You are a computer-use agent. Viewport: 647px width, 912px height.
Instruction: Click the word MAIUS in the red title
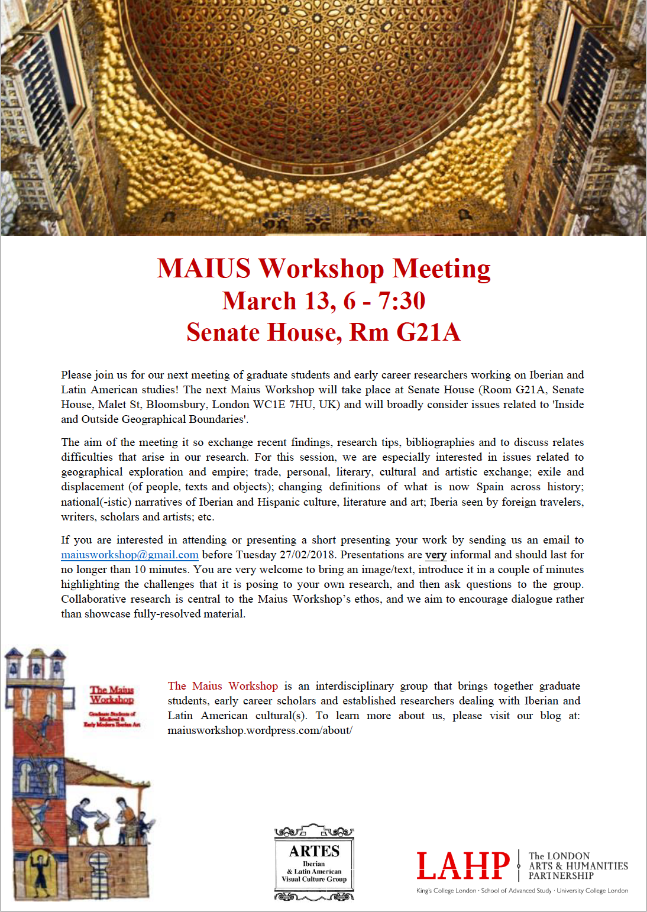(x=204, y=269)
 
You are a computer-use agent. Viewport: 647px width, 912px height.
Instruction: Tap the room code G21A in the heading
(x=428, y=332)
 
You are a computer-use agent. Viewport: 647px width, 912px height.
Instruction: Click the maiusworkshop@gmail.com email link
(x=130, y=555)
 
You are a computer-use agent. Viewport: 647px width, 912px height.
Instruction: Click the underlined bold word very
(x=435, y=555)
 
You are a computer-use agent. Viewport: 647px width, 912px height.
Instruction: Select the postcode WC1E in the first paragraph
(x=269, y=405)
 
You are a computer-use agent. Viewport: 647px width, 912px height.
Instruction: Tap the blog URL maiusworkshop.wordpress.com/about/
(x=260, y=730)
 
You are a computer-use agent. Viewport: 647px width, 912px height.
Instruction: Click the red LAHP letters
(x=462, y=866)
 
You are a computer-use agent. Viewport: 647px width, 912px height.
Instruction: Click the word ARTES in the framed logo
(x=314, y=851)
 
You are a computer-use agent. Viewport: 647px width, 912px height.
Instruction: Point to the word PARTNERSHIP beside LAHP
(x=561, y=876)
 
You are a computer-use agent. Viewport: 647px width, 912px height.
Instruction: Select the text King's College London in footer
(x=446, y=891)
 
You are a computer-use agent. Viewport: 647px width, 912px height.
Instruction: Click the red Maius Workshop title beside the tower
(x=112, y=695)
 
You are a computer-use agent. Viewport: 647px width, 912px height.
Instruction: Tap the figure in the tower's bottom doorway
(x=41, y=871)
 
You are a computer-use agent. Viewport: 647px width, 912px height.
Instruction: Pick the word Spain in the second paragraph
(x=490, y=487)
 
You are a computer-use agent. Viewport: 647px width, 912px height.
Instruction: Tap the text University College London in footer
(x=592, y=891)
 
